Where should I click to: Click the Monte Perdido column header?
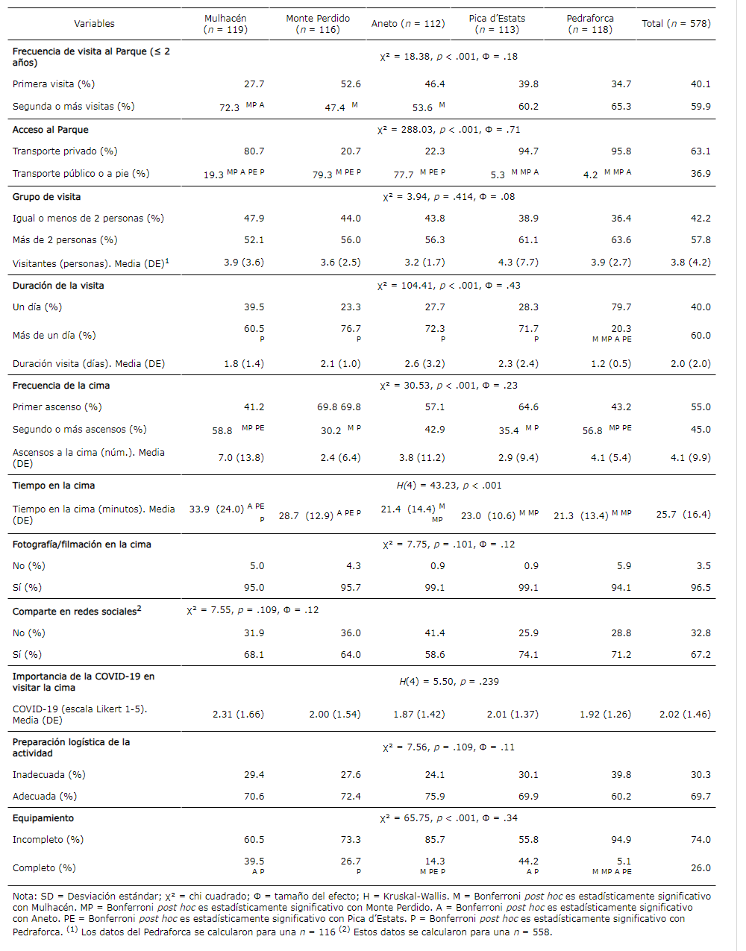318,24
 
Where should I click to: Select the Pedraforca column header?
590,24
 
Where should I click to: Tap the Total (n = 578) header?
676,24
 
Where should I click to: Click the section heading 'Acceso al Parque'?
51,130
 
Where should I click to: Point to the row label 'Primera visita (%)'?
54,84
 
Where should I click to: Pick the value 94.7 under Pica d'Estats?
528,151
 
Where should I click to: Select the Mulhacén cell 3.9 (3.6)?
244,263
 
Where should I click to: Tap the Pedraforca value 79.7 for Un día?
621,307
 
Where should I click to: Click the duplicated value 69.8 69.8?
339,407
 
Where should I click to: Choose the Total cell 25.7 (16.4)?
683,515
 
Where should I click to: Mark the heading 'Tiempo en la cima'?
54,486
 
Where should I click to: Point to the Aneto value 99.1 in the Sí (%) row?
434,588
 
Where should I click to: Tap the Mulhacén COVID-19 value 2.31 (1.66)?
238,715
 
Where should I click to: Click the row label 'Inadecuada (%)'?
49,775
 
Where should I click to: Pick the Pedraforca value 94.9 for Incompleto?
621,840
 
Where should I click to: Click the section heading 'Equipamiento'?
43,818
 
